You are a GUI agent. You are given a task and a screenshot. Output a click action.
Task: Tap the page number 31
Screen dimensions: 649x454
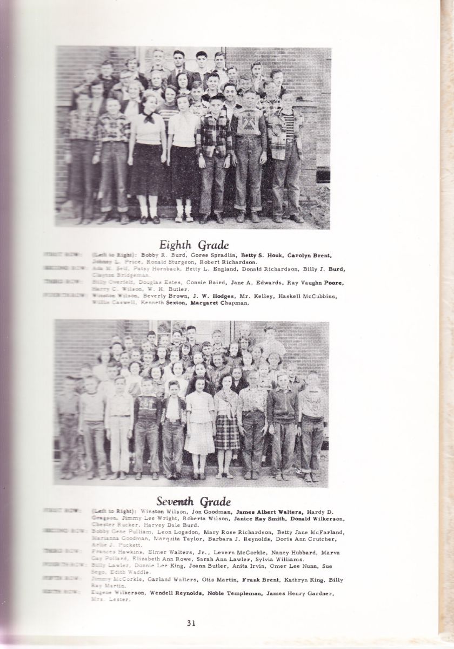pyautogui.click(x=191, y=622)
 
